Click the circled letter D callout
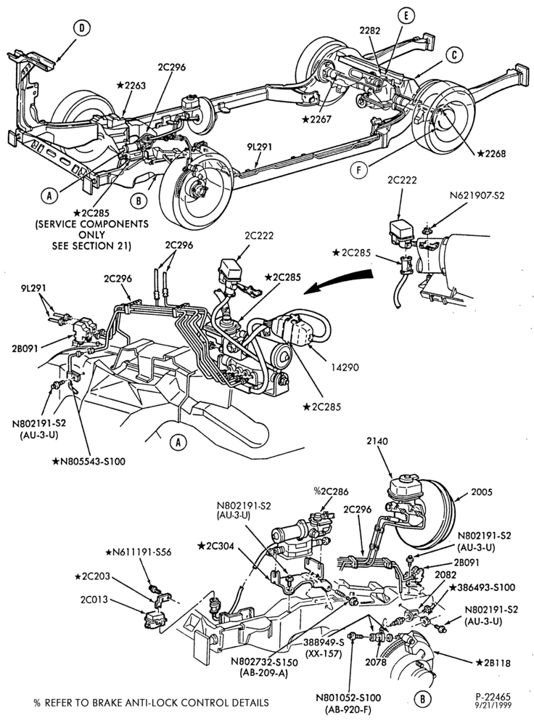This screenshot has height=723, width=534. (x=81, y=28)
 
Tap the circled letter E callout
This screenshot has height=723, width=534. (x=406, y=16)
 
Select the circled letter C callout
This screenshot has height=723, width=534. (x=455, y=55)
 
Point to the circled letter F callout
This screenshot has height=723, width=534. (x=358, y=170)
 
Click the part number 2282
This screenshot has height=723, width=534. (x=370, y=31)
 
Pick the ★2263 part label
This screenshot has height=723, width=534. (x=131, y=85)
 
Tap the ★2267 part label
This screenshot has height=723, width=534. (x=317, y=120)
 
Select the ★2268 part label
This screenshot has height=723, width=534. (x=491, y=154)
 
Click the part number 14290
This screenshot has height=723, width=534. (x=345, y=367)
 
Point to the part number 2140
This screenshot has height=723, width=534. (x=377, y=441)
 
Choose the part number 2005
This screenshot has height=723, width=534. (x=482, y=492)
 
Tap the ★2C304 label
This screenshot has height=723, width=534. (x=215, y=546)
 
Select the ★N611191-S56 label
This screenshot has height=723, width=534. (x=139, y=552)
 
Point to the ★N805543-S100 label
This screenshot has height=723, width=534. (x=89, y=461)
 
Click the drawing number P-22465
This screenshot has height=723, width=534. (x=493, y=697)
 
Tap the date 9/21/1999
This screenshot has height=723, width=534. (x=493, y=705)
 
